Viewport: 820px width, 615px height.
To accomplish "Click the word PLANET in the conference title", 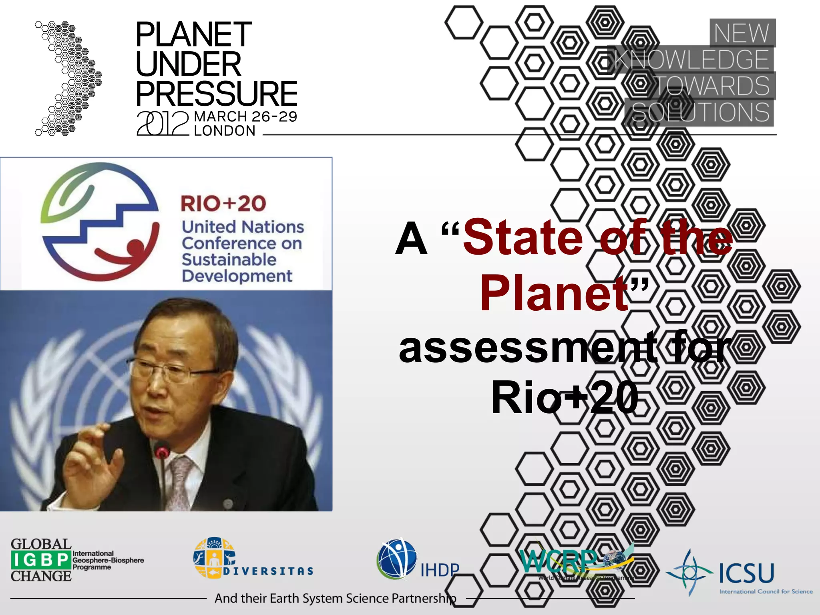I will [194, 35].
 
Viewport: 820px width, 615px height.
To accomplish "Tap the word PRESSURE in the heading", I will [216, 93].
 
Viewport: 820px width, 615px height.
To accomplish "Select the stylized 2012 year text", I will [162, 123].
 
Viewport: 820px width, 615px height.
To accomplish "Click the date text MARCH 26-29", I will [245, 117].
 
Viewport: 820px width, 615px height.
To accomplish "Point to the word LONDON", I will [225, 131].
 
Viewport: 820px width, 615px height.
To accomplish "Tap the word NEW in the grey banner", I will [742, 33].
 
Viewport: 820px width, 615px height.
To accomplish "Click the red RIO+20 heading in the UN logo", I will [223, 203].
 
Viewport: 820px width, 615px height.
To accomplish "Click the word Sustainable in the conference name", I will [229, 259].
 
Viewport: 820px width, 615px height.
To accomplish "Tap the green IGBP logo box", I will [41, 560].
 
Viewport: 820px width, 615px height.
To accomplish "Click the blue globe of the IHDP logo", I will [396, 559].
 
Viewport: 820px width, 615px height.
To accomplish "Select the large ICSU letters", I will [746, 573].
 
